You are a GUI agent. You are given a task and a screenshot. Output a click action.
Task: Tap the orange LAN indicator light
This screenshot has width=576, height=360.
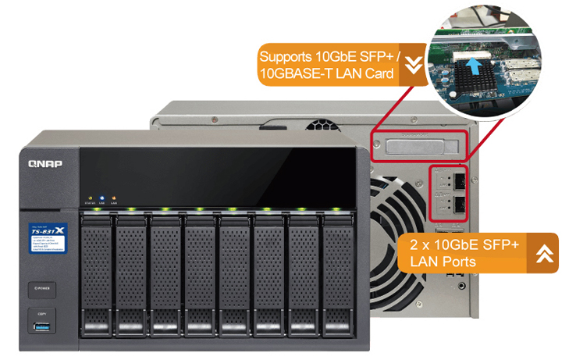[x=114, y=198]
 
